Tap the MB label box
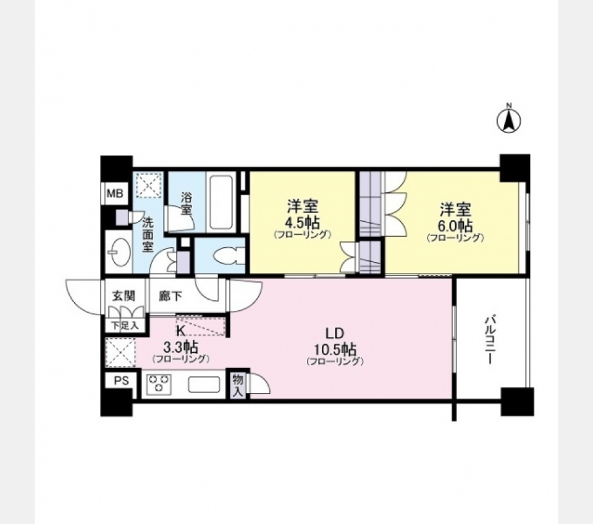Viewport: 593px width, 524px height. pyautogui.click(x=115, y=194)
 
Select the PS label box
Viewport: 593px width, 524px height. pyautogui.click(x=120, y=381)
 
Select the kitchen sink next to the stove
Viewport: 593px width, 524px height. pyautogui.click(x=203, y=385)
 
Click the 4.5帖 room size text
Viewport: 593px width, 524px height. pyautogui.click(x=302, y=222)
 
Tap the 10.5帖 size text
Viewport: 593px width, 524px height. pyautogui.click(x=334, y=348)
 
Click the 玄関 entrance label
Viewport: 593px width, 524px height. pyautogui.click(x=123, y=296)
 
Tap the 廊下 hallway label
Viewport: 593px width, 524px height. pyautogui.click(x=170, y=296)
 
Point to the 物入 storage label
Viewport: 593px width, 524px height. pyautogui.click(x=238, y=385)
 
